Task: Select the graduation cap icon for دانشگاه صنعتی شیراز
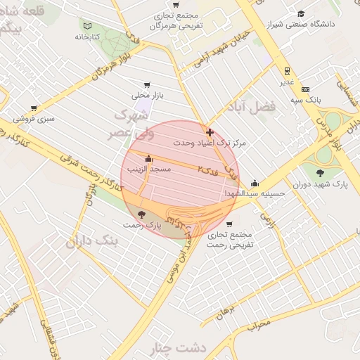(301, 13)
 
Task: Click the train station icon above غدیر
(287, 70)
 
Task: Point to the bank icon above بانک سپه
(305, 89)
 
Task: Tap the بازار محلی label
(147, 96)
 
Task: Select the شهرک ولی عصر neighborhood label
(127, 122)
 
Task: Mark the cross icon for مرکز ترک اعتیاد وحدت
(210, 131)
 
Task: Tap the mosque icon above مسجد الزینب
(148, 158)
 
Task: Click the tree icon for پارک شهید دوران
(321, 172)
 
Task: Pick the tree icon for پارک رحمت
(143, 214)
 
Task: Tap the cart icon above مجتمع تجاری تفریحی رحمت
(229, 224)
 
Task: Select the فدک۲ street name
(206, 169)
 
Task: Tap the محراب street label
(259, 324)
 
